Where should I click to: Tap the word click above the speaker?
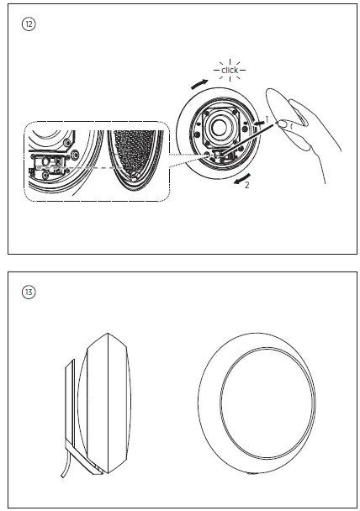click(230, 71)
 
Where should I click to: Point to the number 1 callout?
click(267, 119)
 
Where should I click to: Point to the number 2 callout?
click(247, 185)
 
